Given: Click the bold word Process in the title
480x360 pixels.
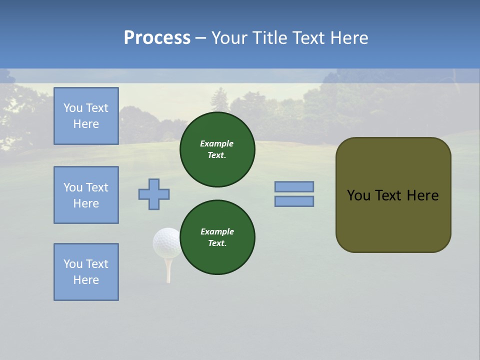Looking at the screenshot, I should pyautogui.click(x=157, y=38).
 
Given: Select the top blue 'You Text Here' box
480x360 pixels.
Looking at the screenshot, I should pyautogui.click(x=86, y=116).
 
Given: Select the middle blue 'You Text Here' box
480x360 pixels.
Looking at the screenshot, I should pyautogui.click(x=86, y=195).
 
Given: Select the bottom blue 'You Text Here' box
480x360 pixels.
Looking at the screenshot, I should pyautogui.click(x=86, y=272).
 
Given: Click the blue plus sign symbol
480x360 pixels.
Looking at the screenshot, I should pyautogui.click(x=154, y=194).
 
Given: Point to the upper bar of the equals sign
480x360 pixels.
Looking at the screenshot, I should pyautogui.click(x=294, y=186).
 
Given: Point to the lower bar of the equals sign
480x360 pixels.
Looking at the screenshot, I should pyautogui.click(x=294, y=201).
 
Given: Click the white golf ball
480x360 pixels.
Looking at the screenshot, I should pyautogui.click(x=166, y=242).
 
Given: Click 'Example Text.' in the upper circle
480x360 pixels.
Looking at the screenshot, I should pyautogui.click(x=217, y=149).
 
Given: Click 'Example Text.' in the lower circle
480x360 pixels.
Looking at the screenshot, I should pyautogui.click(x=217, y=237).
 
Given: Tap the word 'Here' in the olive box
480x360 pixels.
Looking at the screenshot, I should pyautogui.click(x=422, y=195).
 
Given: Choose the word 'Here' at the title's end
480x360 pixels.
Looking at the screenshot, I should pyautogui.click(x=348, y=38).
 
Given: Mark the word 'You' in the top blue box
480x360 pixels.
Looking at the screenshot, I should pyautogui.click(x=72, y=108).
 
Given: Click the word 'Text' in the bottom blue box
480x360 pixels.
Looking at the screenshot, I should pyautogui.click(x=97, y=264).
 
